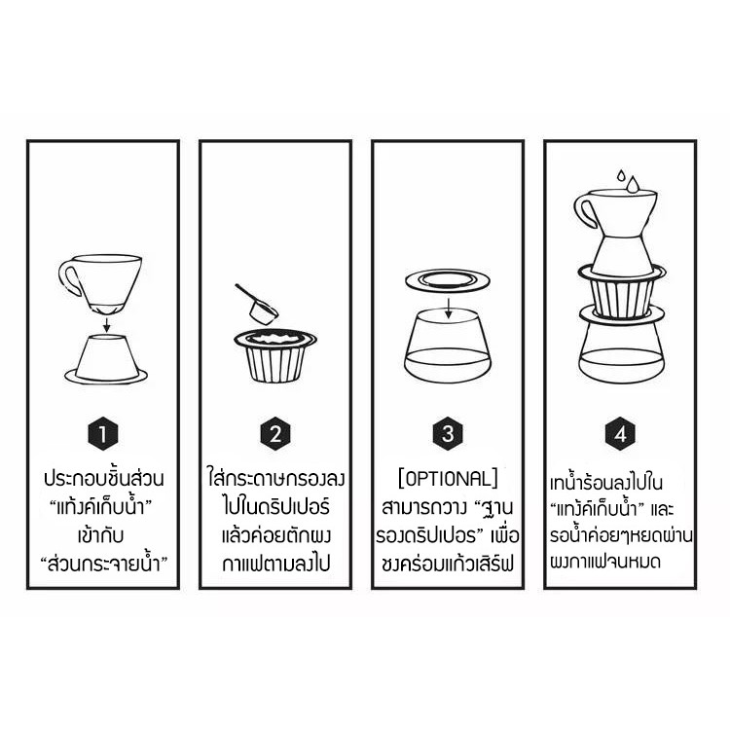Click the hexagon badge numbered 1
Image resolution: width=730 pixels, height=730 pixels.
tap(103, 433)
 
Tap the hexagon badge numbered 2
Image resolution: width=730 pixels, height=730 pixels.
tap(275, 433)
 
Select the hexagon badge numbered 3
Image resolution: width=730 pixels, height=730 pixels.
tap(448, 433)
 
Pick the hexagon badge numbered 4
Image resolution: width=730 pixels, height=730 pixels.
tap(621, 433)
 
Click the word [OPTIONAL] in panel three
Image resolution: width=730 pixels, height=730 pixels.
tap(448, 479)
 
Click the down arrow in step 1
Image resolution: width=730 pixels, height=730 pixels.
tap(107, 325)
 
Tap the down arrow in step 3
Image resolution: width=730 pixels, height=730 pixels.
tap(448, 309)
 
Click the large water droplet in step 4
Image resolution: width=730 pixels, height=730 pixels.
tap(634, 184)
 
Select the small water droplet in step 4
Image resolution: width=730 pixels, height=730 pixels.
tap(621, 175)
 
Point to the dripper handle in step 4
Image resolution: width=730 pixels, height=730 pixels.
tap(584, 210)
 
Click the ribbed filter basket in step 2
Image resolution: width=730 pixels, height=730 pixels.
tap(275, 355)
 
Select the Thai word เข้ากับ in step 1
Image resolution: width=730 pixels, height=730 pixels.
tap(101, 535)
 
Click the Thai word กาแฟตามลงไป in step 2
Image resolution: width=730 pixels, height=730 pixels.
tap(275, 564)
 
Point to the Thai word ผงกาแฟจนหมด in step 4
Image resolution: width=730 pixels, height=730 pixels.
tap(605, 562)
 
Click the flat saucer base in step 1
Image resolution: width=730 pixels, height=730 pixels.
tap(106, 376)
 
